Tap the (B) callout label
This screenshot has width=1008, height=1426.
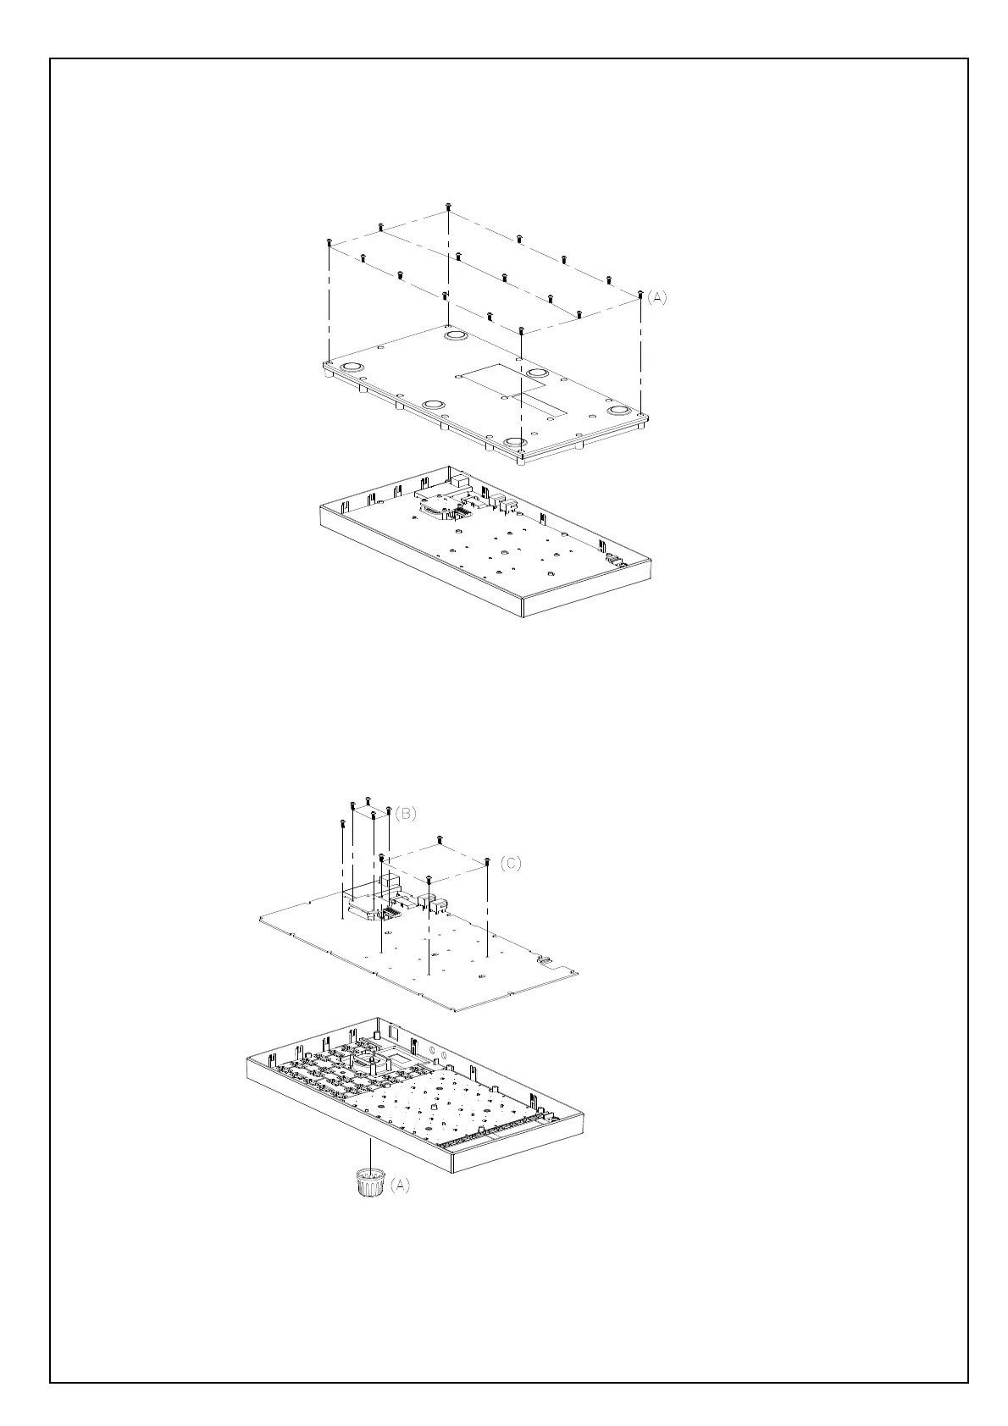[406, 813]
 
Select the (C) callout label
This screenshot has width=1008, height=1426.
[510, 863]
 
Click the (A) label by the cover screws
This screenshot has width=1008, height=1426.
[657, 297]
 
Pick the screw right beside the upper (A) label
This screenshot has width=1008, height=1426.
[640, 296]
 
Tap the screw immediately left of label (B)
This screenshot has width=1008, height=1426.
[389, 810]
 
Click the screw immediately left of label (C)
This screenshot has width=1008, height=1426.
[488, 862]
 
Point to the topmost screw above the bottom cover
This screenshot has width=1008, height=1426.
[448, 207]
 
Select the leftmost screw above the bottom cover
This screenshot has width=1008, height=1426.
[328, 243]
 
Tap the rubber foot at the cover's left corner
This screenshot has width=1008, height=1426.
[351, 366]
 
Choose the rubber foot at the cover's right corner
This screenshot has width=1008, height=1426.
[620, 412]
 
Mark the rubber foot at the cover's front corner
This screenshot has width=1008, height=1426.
[514, 442]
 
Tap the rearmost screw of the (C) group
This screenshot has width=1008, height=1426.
[440, 839]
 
